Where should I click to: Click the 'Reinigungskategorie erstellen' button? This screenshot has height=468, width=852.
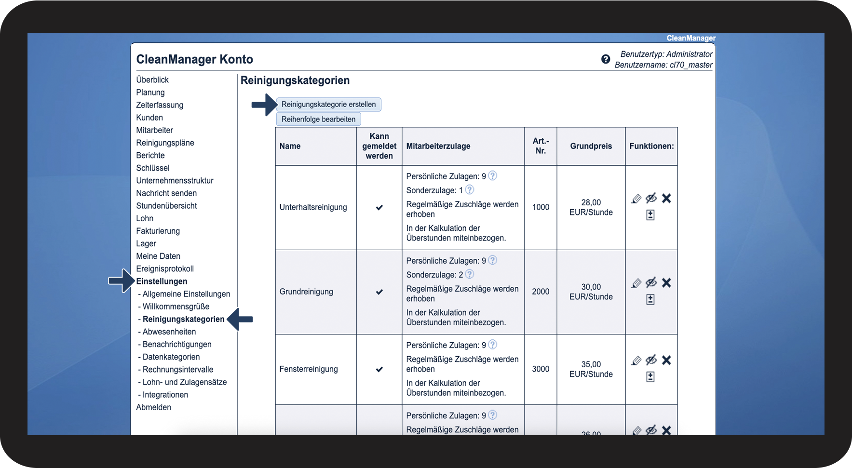tap(328, 105)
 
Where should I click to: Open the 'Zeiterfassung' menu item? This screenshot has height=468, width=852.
tap(160, 105)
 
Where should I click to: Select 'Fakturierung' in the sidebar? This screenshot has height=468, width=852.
tap(158, 231)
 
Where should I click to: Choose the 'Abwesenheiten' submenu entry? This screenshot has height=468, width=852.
tap(169, 332)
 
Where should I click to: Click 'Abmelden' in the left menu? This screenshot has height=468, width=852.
tap(153, 407)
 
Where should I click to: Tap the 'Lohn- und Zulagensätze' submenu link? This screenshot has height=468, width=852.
tap(184, 382)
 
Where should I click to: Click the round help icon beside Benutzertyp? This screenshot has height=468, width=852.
tap(606, 59)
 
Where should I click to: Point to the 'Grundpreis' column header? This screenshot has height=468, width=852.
tap(591, 146)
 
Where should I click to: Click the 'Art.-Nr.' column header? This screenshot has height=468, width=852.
tap(541, 146)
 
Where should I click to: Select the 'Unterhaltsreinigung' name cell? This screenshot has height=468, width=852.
tap(313, 207)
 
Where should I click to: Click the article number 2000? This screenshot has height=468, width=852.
tap(541, 292)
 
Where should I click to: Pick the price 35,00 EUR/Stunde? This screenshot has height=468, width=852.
tap(591, 369)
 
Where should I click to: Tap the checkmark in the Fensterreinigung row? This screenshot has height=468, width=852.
tap(379, 370)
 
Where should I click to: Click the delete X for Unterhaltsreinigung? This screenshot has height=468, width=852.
tap(666, 199)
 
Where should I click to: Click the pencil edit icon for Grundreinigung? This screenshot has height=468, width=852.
tap(636, 283)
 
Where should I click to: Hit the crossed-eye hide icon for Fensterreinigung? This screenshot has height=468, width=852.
tap(651, 360)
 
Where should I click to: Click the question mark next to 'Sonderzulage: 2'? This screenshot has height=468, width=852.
tap(470, 274)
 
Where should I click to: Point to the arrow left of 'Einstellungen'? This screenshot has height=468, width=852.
tap(121, 281)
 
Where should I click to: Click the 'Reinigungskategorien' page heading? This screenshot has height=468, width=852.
tap(295, 80)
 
